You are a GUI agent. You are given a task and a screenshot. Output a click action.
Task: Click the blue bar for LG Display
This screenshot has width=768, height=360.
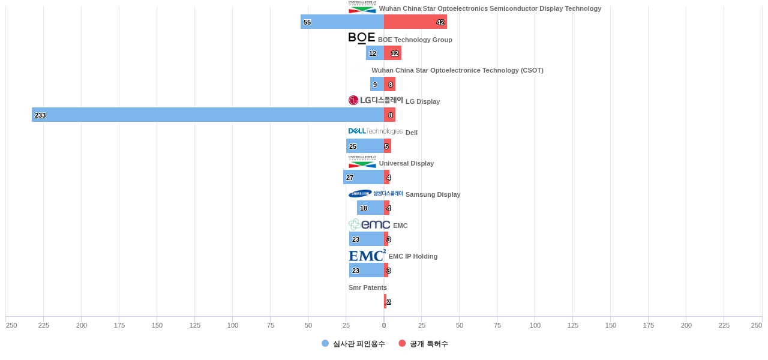(208, 115)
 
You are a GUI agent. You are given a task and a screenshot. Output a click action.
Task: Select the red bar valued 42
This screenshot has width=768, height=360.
(415, 22)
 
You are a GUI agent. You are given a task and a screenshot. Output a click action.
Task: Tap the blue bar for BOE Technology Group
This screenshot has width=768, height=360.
(375, 53)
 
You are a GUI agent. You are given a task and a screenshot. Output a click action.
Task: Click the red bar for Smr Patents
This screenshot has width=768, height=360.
(385, 301)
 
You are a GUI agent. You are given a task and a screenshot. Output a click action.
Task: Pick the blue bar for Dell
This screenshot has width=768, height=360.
(365, 146)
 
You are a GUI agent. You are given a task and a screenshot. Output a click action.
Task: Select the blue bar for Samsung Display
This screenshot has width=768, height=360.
(370, 208)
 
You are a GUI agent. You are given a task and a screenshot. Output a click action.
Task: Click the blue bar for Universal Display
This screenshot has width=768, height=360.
(364, 177)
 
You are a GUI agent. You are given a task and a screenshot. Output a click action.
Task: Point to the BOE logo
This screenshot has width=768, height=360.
(362, 38)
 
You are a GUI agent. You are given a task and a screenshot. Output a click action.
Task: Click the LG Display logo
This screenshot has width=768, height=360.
(376, 100)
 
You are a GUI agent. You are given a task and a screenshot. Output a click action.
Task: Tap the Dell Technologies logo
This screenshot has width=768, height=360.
(376, 131)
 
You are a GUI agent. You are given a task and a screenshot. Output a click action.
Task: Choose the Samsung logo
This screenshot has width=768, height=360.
(376, 194)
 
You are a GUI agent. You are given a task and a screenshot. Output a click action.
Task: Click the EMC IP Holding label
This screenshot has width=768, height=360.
(413, 256)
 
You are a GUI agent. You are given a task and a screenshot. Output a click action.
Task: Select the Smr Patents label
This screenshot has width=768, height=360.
(368, 287)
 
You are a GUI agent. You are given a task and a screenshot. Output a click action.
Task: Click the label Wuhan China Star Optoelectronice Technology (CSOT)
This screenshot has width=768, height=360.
(457, 70)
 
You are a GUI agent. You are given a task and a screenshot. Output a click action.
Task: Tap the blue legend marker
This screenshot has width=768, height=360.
(325, 343)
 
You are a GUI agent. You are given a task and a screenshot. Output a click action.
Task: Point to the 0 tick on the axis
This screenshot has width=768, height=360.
(384, 325)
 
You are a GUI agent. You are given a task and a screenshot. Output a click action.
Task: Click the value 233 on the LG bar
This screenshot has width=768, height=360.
(40, 115)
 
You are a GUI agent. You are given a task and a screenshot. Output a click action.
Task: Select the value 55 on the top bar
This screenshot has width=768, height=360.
(307, 22)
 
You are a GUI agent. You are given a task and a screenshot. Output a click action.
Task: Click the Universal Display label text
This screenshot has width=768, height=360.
(406, 163)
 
